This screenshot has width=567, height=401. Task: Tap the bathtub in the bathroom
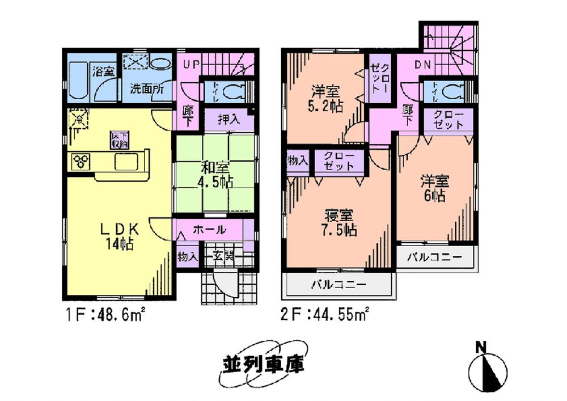[x=78, y=83]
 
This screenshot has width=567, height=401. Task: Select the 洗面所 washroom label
[x=147, y=88]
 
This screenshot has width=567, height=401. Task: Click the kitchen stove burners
[x=81, y=162]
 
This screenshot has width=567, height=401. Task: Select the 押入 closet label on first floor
[x=229, y=120]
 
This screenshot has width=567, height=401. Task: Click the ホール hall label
[x=210, y=230]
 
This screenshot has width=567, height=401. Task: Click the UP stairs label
[x=191, y=64]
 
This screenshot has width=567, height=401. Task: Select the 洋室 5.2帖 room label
[x=326, y=98]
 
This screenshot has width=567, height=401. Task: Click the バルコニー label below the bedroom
[x=338, y=284]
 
